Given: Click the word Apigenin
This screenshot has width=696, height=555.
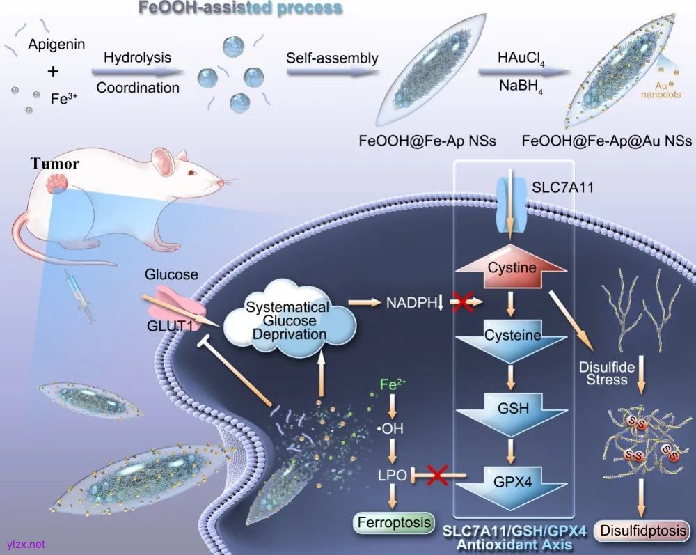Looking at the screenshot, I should coord(57,45).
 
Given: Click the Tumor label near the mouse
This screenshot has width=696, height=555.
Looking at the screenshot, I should coord(54,164).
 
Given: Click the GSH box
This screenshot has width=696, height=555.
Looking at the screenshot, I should coord(512,409).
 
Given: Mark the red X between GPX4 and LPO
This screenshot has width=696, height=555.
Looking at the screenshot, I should coord(435,476).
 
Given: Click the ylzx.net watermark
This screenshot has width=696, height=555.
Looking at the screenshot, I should coord(24,543).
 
